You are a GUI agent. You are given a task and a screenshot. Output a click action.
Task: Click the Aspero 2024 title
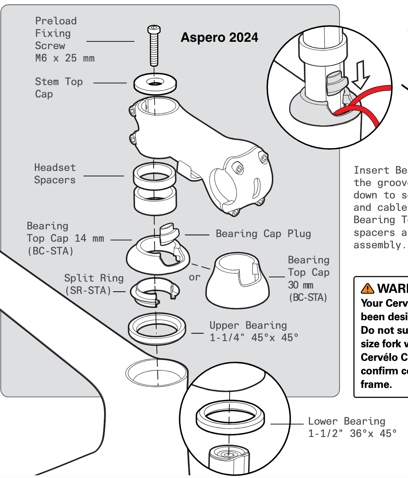pyautogui.click(x=219, y=38)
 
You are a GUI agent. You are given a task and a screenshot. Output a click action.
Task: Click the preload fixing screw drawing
pyautogui.click(x=154, y=46)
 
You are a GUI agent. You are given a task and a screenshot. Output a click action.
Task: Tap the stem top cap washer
pyautogui.click(x=155, y=83)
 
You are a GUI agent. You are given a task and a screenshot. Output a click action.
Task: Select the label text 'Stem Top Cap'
pyautogui.click(x=58, y=88)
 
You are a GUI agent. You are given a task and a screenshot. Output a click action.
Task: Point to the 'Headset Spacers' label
pyautogui.click(x=55, y=174)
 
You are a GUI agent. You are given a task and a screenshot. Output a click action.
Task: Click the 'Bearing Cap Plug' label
pyautogui.click(x=263, y=234)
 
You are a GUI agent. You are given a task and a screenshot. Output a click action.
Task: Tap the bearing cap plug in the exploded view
pyautogui.click(x=169, y=233)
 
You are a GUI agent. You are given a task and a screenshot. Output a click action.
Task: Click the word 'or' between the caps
pyautogui.click(x=195, y=277)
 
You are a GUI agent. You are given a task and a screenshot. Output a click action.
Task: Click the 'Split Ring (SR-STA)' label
pyautogui.click(x=94, y=284)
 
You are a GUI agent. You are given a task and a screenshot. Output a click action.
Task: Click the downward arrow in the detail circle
pyautogui.click(x=360, y=75)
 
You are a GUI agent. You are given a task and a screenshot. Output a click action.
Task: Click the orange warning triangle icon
pyautogui.click(x=367, y=289)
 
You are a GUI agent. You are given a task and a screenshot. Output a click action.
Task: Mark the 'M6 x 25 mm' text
pyautogui.click(x=65, y=58)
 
